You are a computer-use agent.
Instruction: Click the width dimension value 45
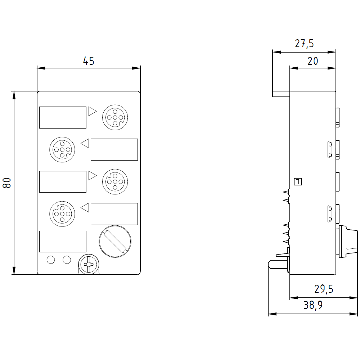coord(89,61)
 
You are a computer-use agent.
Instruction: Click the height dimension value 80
coord(7,183)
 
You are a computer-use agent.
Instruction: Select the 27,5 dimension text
coord(304,44)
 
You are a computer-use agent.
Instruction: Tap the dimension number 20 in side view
coord(313,61)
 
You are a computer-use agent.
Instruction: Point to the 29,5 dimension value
coord(324,289)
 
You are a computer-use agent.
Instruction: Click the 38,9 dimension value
coord(313,306)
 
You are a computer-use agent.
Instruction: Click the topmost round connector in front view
coord(114,117)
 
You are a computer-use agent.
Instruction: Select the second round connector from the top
coord(62,149)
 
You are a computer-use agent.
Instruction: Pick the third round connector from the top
coord(114,182)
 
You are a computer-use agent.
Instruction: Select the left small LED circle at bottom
coord(51,259)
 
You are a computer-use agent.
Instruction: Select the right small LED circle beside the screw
coord(67,259)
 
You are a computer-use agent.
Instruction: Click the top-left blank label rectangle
coord(63,117)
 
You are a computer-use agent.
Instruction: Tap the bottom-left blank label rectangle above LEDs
coord(63,241)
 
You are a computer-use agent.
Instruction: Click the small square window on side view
coord(298,182)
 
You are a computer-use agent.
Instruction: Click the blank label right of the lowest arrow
coord(114,214)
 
